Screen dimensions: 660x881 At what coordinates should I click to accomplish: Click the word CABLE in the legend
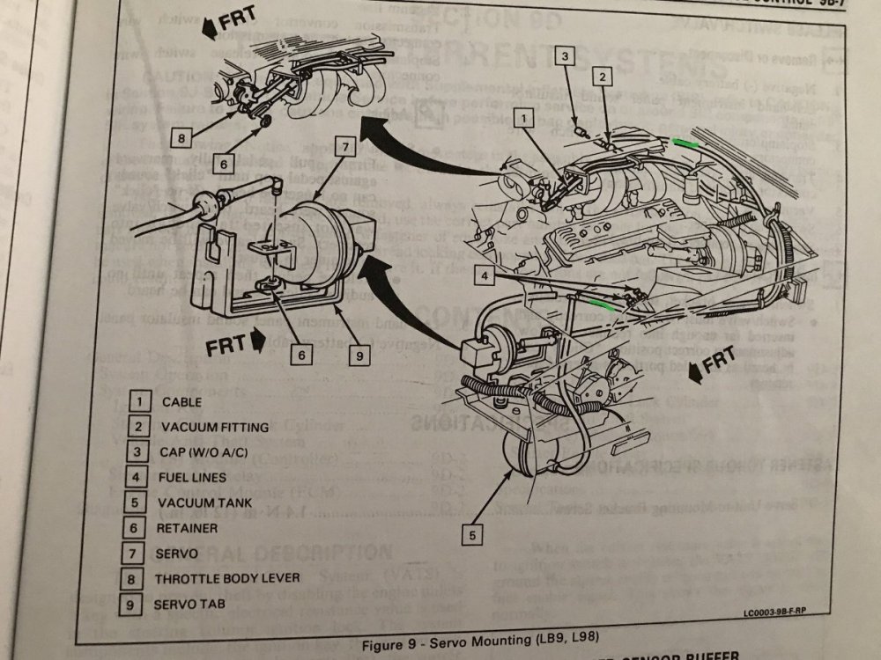coord(181,402)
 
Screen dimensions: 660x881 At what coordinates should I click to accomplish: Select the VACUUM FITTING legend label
coord(214,428)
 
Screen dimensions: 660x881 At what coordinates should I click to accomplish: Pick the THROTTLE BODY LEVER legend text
coord(226,580)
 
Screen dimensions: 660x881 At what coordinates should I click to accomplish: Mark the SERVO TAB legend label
coord(191,605)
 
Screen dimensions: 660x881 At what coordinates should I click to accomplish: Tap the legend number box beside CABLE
coord(139,402)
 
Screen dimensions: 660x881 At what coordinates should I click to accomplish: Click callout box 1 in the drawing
coord(522,115)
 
